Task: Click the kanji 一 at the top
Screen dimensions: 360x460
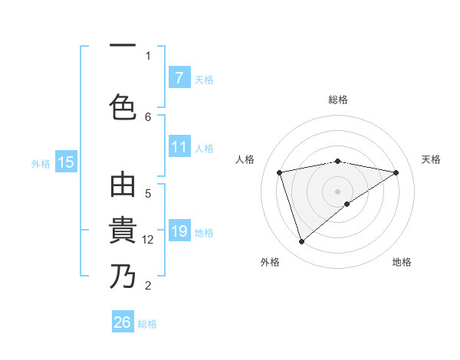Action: [123, 46]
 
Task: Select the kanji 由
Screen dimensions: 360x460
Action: [123, 186]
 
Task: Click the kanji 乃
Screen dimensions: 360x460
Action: [123, 276]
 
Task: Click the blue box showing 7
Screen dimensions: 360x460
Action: [179, 77]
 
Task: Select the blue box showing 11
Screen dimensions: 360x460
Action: [179, 148]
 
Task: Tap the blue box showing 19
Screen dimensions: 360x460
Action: [179, 232]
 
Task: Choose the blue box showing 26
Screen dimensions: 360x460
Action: [123, 322]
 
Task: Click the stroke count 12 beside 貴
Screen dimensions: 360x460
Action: [148, 240]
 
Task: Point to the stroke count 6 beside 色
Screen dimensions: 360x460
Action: [148, 116]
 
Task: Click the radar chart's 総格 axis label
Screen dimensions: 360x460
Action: [337, 100]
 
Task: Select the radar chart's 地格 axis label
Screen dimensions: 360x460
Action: [402, 262]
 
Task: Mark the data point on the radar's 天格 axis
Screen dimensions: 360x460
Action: [396, 172]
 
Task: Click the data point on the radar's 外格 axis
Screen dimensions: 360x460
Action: [301, 242]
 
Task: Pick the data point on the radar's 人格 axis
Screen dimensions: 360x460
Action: [280, 172]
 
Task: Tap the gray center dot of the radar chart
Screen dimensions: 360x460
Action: [337, 191]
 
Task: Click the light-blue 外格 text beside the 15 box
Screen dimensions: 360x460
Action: [41, 163]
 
